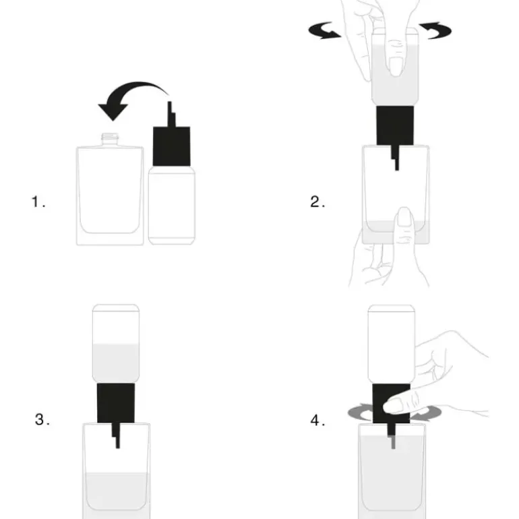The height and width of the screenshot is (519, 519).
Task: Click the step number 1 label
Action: tap(38, 202)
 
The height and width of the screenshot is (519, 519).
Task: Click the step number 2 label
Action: tap(317, 202)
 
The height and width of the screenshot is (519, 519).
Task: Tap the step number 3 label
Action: tap(42, 419)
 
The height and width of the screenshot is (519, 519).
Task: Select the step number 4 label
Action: tap(317, 420)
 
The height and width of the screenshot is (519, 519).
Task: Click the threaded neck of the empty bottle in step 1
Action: tap(110, 140)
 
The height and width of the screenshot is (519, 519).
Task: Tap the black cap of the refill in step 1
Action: tap(171, 146)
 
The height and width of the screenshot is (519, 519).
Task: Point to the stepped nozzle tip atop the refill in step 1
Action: tap(171, 114)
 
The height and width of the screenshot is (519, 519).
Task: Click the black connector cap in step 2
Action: tap(395, 125)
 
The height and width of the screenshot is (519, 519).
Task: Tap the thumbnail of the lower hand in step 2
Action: tap(404, 217)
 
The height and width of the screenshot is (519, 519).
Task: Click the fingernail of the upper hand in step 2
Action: tap(395, 66)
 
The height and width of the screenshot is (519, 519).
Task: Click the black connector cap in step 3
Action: tap(116, 403)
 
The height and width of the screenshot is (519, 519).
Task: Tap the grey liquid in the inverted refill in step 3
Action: tap(116, 363)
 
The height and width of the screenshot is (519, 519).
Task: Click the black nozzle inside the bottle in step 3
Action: tap(116, 435)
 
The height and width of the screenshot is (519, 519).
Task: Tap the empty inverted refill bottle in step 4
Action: tap(392, 344)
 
